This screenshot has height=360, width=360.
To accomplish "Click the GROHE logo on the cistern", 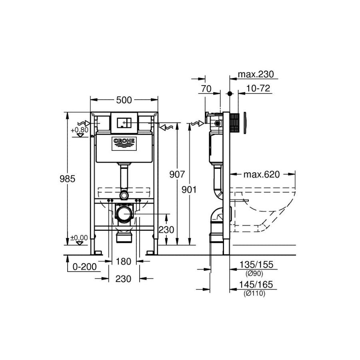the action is coord(124,144).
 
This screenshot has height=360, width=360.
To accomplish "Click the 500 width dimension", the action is coord(124,100).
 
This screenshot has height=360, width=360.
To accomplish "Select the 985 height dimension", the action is coord(67,179).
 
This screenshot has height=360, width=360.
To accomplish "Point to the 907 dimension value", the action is coord(177,174).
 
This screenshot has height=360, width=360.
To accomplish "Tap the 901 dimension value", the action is coord(189,190).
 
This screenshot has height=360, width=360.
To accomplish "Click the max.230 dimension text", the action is coord(256,74).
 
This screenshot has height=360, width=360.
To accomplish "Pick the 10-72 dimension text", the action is coord(258,88).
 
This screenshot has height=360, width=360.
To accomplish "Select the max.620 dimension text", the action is coord(262,175).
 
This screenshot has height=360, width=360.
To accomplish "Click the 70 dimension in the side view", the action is coord(206,89).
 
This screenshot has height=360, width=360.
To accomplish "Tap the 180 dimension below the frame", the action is coord(124,262).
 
